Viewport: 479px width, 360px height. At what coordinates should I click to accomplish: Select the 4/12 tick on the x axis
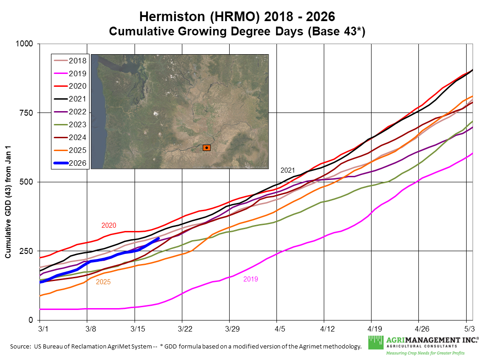coord(324,329)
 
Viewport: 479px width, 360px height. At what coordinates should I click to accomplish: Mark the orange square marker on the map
coord(207,148)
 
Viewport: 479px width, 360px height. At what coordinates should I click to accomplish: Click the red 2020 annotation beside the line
coord(109,225)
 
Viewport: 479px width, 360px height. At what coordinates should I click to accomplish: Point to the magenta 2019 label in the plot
coord(251,279)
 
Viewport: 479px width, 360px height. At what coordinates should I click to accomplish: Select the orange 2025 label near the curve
coord(103,282)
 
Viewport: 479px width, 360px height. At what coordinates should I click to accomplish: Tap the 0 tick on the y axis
coord(31,320)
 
